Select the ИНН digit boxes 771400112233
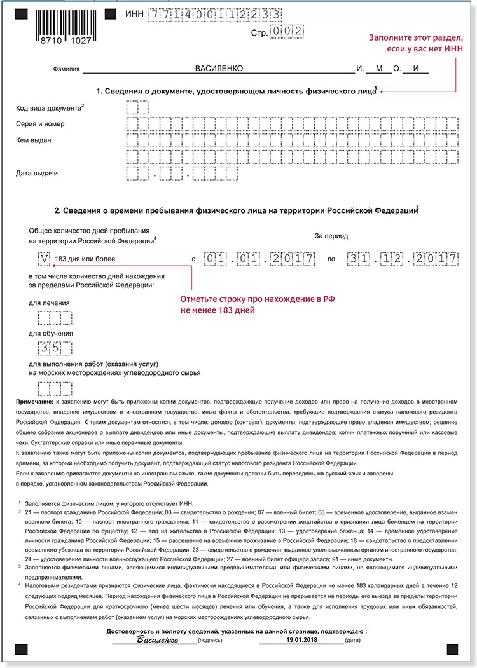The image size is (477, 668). point(214,13)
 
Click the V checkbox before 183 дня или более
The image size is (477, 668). point(44,259)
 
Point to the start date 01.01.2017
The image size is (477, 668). point(259,259)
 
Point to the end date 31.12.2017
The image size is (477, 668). point(403,259)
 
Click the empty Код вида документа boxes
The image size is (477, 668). point(138,107)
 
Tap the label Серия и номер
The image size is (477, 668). point(40,124)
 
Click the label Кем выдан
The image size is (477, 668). point(34,140)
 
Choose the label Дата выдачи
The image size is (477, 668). point(37,172)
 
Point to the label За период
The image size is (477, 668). point(331,236)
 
